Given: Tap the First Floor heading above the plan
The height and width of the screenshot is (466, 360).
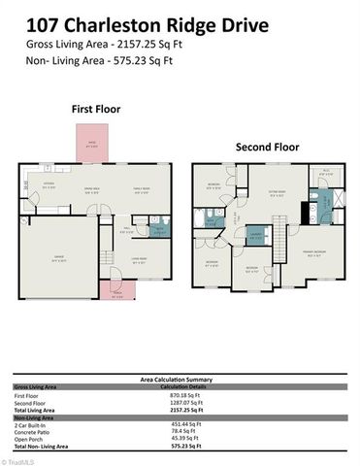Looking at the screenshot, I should pos(96,110).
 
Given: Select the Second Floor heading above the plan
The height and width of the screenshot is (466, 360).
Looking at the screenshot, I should pos(269,148).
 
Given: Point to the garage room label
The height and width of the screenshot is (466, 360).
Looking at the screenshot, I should pos(57,257).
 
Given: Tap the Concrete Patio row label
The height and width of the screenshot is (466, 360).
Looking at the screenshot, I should pos(31,431).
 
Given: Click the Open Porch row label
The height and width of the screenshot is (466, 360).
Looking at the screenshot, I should pos(27,438).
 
